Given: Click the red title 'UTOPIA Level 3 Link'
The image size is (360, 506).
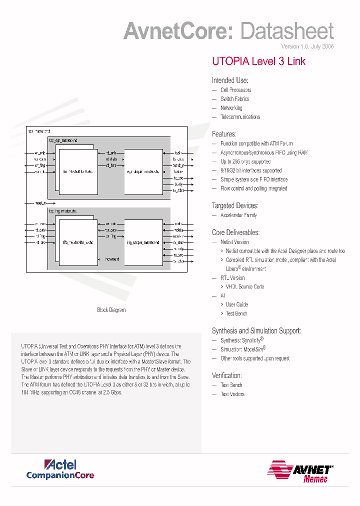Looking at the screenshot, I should point(258,61).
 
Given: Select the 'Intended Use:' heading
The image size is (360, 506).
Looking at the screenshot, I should point(230,80).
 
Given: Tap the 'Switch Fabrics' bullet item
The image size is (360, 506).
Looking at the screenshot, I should point(234,99).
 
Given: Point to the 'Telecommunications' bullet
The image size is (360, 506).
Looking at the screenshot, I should point(240,117).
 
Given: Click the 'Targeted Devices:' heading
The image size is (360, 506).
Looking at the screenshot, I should point(235,205).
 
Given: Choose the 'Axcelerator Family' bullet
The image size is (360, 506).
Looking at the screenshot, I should point(238,215).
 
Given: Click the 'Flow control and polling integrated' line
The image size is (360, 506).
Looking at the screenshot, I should point(253,188).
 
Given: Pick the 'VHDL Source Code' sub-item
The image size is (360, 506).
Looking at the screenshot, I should point(245,287).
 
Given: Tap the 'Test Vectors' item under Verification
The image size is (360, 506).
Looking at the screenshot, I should point(232,394).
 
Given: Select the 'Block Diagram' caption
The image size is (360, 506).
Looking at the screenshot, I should point(111,310).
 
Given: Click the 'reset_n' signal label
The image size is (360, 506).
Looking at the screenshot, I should point(40,203).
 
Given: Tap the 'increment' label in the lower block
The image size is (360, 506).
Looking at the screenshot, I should point(111,259).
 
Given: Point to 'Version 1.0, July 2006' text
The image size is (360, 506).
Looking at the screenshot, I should point(307,46).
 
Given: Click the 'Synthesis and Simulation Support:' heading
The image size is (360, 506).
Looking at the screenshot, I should point(256,330).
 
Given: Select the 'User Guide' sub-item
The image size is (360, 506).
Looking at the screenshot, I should point(236,304).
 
